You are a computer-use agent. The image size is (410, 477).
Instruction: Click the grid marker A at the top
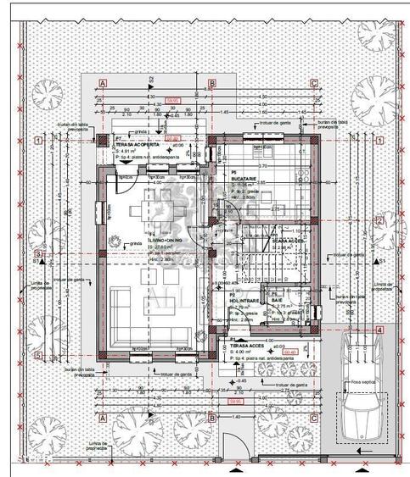click(x=102, y=83)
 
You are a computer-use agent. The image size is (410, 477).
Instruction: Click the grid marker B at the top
click(x=211, y=83)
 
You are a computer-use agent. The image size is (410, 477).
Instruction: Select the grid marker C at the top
click(x=314, y=83)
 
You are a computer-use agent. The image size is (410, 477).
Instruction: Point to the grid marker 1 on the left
click(x=38, y=141)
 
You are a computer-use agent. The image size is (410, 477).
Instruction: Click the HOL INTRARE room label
click(x=245, y=299)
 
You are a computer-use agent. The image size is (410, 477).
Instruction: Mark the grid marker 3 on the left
click(x=38, y=253)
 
